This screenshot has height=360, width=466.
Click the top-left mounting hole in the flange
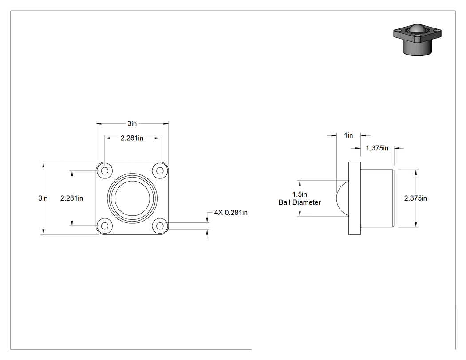click(105, 170)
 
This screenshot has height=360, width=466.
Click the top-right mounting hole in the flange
click(160, 170)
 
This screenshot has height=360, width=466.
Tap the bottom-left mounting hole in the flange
click(105, 226)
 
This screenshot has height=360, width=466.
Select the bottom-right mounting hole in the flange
click(160, 226)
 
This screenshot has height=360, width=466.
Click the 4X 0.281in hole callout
click(231, 213)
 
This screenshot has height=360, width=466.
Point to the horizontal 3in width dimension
click(132, 123)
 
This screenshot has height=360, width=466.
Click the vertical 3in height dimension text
click(43, 198)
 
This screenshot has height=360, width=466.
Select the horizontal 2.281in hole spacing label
click(132, 138)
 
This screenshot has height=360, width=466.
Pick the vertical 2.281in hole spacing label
click(71, 198)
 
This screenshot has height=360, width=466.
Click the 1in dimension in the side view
click(348, 135)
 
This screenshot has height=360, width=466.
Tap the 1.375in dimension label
click(377, 148)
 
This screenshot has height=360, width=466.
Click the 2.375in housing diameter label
click(415, 198)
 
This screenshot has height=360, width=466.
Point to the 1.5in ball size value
click(300, 194)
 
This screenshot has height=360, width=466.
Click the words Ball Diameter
click(300, 202)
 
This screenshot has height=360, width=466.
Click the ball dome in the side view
click(342, 198)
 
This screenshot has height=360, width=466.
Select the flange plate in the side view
click(355, 198)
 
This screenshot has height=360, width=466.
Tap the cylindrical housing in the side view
click(377, 198)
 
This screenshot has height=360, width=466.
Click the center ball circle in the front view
click(132, 198)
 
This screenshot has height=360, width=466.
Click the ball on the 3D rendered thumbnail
click(417, 29)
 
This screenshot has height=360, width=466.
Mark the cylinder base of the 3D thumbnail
click(417, 47)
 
